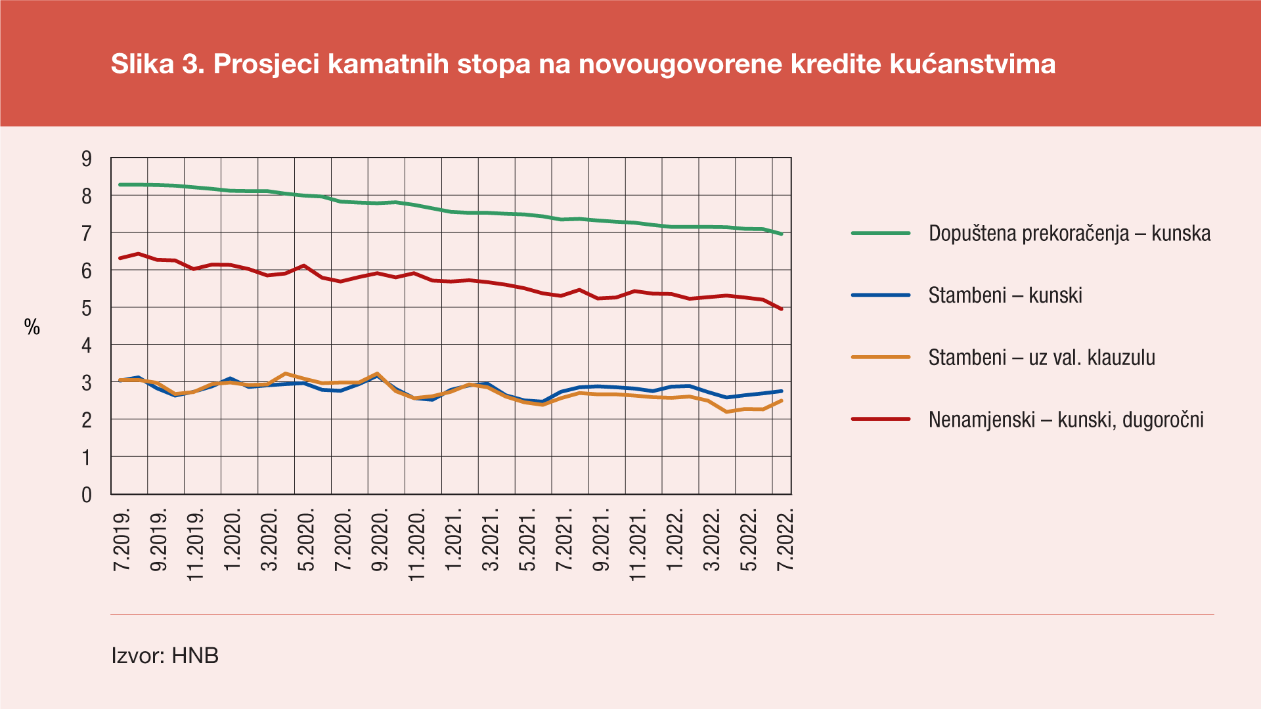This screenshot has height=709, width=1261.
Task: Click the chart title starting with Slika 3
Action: click(583, 64)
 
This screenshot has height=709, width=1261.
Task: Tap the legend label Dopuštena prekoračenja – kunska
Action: click(1069, 234)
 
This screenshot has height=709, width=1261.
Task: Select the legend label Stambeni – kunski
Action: click(1005, 295)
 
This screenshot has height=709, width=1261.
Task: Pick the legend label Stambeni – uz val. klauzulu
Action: click(1042, 358)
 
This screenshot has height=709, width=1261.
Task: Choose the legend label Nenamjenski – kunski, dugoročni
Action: click(1066, 419)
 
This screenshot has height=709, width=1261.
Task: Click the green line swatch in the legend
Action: click(880, 233)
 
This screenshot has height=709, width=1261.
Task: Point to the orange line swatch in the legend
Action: click(880, 357)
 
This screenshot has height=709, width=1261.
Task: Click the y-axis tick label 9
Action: click(87, 159)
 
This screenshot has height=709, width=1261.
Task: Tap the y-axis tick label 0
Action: click(87, 495)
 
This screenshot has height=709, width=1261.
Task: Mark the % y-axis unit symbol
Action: click(32, 327)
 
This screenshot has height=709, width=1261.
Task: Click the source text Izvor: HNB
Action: click(165, 655)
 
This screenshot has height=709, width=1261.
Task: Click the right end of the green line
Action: click(781, 234)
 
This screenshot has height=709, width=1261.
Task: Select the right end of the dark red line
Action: click(781, 309)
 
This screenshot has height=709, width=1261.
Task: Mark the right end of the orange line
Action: click(781, 400)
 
